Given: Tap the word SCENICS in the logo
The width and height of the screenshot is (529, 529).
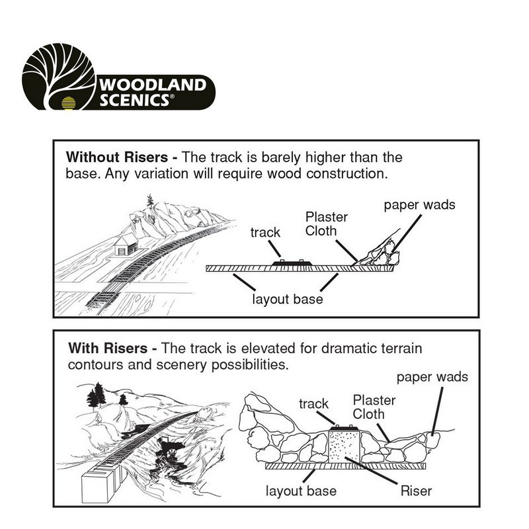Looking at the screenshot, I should [x=136, y=102].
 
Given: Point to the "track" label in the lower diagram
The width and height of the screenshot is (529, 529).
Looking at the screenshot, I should [x=314, y=403].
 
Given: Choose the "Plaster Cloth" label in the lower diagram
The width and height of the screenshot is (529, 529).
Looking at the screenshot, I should [x=374, y=407].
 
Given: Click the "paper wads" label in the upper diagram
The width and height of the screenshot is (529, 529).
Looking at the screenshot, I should [x=420, y=204].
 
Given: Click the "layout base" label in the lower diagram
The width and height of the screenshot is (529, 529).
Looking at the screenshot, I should [x=301, y=491].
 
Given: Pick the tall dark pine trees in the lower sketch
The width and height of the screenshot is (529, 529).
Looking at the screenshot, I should [x=97, y=396].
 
